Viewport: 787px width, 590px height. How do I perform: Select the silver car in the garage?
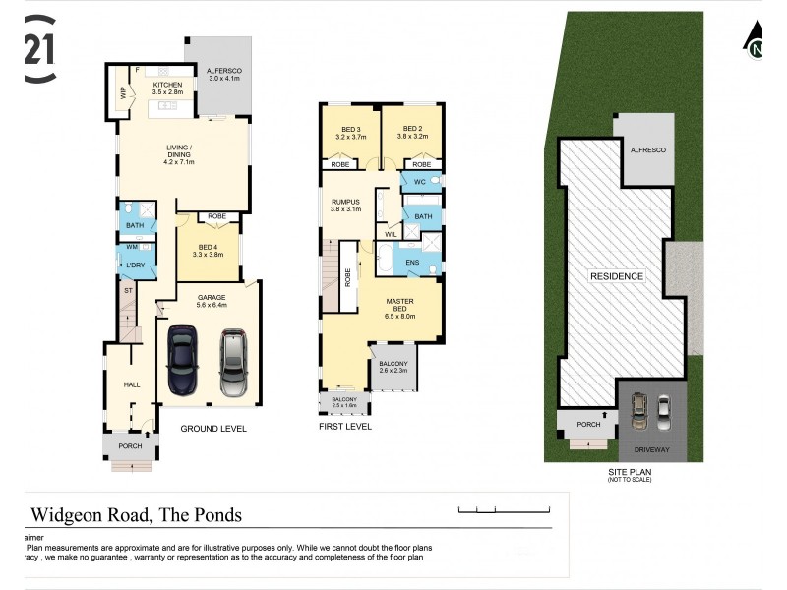pyautogui.click(x=233, y=361)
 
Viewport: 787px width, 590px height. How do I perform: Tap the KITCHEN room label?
pyautogui.click(x=167, y=86)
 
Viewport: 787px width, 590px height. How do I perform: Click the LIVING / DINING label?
pyautogui.click(x=178, y=150)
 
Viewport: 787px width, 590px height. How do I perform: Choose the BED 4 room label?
pyautogui.click(x=207, y=247)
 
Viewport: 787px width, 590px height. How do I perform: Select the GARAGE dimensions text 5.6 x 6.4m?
pyautogui.click(x=212, y=305)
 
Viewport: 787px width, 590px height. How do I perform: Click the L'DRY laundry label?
pyautogui.click(x=135, y=266)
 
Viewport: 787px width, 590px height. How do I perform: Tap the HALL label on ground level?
pyautogui.click(x=131, y=384)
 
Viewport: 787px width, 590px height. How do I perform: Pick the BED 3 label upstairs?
pyautogui.click(x=350, y=129)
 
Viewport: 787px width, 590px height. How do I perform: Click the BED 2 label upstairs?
pyautogui.click(x=411, y=129)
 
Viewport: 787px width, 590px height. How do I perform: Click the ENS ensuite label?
pyautogui.click(x=411, y=263)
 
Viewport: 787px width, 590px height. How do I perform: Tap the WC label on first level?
pyautogui.click(x=418, y=182)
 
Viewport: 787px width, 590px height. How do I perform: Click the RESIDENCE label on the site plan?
pyautogui.click(x=617, y=276)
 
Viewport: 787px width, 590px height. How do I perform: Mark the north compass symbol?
pyautogui.click(x=756, y=42)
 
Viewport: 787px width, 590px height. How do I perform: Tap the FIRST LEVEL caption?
pyautogui.click(x=344, y=428)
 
